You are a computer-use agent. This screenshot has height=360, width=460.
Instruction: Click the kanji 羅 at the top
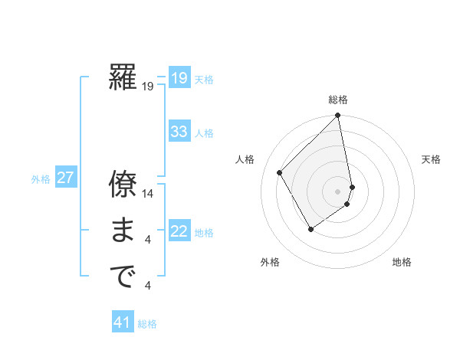[x=123, y=78]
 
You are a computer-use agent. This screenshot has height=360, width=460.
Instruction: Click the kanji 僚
[x=123, y=185]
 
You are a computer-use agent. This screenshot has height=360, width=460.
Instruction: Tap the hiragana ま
[x=123, y=231]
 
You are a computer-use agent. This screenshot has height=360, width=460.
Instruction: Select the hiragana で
[x=123, y=277]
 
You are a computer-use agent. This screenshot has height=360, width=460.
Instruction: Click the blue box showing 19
[x=179, y=78]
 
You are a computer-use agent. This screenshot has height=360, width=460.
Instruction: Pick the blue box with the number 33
[x=179, y=132]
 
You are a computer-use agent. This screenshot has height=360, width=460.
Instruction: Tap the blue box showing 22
[x=179, y=231]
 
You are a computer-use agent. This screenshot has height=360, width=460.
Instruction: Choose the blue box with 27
[x=65, y=178]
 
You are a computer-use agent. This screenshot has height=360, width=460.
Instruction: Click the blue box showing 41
[x=123, y=322]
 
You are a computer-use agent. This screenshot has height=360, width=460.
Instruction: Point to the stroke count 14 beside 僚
[x=149, y=194]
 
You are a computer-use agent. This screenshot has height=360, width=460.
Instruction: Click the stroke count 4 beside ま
[x=148, y=241]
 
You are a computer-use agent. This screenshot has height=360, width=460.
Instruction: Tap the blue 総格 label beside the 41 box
[x=147, y=324]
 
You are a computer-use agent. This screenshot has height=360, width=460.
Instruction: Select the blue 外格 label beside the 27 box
[x=41, y=179]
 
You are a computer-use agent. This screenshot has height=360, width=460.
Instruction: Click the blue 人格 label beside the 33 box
[x=204, y=133]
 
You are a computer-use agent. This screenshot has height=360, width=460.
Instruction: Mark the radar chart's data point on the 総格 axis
[x=337, y=116]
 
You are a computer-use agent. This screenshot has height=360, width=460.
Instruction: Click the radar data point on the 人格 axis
[x=280, y=172]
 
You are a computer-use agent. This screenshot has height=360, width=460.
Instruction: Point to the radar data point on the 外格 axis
[x=310, y=229]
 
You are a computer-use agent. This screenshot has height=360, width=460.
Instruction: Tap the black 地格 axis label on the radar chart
[x=402, y=263]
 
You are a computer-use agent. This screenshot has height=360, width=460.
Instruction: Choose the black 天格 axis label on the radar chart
[x=431, y=159]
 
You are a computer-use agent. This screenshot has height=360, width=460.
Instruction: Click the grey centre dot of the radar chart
[x=337, y=191]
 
